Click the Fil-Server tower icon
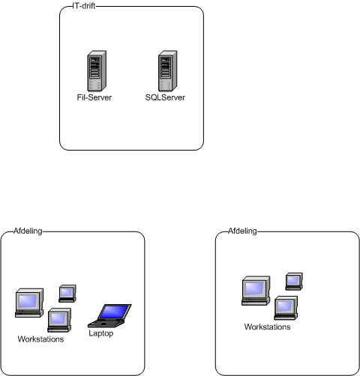tap(97, 71)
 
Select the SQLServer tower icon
tap(168, 71)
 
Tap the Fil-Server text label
tap(94, 97)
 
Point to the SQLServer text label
tap(165, 97)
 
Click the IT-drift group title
tap(84, 6)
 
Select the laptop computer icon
tap(109, 315)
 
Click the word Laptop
tap(101, 333)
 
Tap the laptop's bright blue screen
tap(115, 312)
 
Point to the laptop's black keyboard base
tap(106, 324)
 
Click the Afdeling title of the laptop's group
tap(28, 231)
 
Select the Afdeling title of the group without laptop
tap(242, 231)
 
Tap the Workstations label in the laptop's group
tap(40, 339)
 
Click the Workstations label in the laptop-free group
tap(268, 327)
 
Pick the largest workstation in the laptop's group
tap(29, 303)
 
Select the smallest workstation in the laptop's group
tap(67, 294)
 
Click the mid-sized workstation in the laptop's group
tap(59, 320)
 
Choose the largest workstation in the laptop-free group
tap(256, 291)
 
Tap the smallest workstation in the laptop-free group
tap(294, 282)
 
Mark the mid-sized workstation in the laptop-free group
tap(286, 308)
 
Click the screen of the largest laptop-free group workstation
tap(254, 288)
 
